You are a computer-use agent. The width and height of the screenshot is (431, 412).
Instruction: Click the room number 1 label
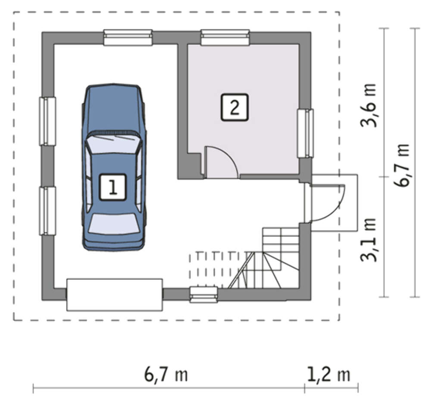tap(112, 187)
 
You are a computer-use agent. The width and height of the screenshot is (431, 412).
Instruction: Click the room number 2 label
tap(234, 107)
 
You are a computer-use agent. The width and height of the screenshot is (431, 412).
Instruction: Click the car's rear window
tap(114, 224)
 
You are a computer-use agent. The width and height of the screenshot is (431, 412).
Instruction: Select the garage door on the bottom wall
tap(115, 295)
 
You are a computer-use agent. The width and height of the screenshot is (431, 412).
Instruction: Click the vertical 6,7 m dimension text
tap(402, 165)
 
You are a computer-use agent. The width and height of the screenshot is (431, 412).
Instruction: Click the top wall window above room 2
tap(225, 37)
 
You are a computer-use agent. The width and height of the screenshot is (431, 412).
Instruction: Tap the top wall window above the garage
tap(128, 37)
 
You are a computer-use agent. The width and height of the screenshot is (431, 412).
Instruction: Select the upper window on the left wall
tap(47, 121)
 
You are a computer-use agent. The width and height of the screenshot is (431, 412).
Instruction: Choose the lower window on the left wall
tap(47, 211)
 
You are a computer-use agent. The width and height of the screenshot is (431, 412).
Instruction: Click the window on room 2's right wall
tap(306, 133)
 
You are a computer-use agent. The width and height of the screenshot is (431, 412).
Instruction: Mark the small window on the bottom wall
tap(204, 295)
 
